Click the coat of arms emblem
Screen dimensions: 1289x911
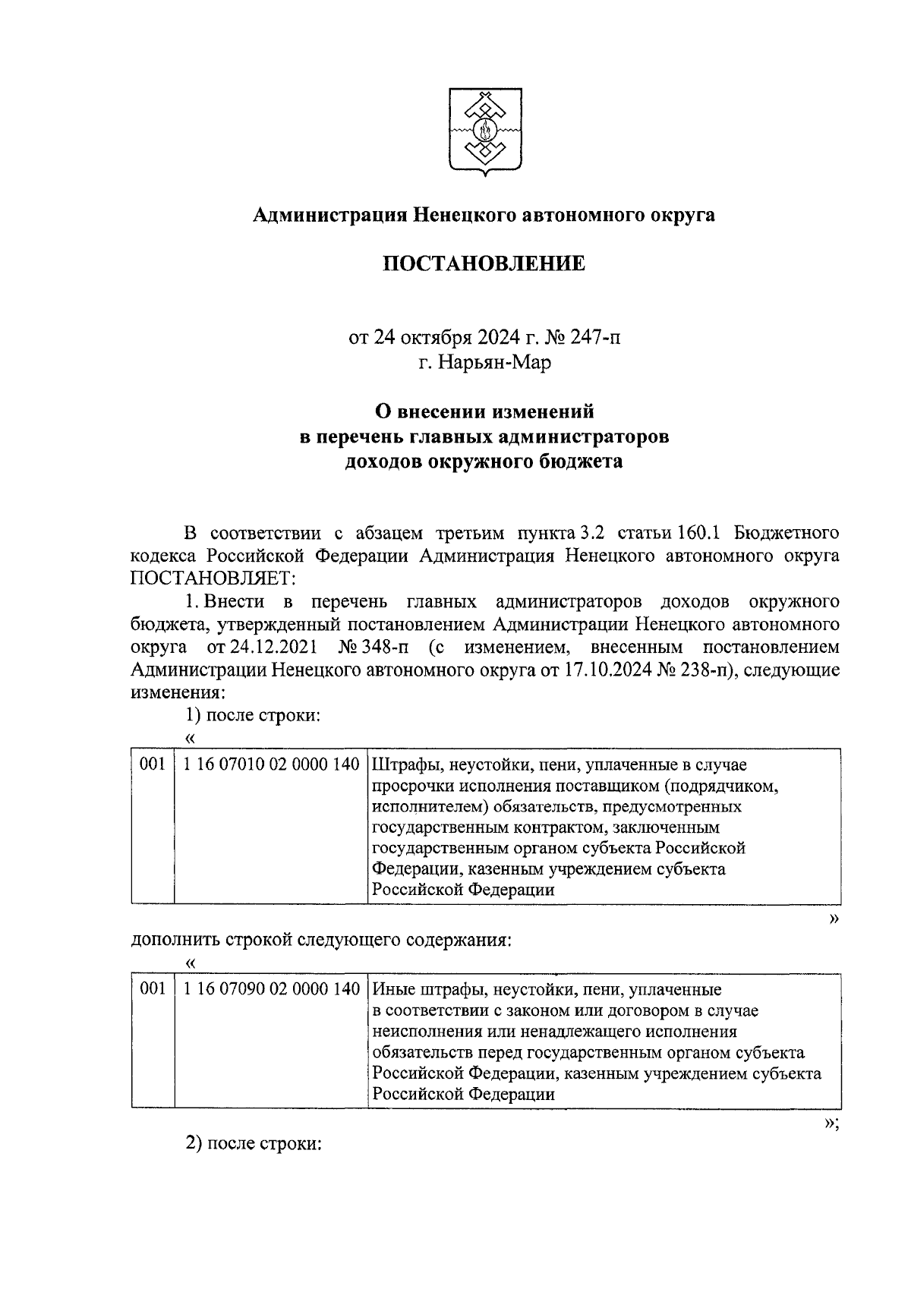[484, 132]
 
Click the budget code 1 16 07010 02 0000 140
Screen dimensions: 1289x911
[271, 764]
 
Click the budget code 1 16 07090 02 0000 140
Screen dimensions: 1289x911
[271, 989]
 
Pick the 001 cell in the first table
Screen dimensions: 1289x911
[153, 764]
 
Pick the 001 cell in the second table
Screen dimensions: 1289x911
[153, 989]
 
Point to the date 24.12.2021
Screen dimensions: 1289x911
[260, 648]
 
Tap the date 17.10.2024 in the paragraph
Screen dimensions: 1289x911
[604, 670]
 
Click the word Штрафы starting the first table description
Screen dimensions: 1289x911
[400, 764]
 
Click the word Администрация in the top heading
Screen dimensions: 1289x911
[329, 215]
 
